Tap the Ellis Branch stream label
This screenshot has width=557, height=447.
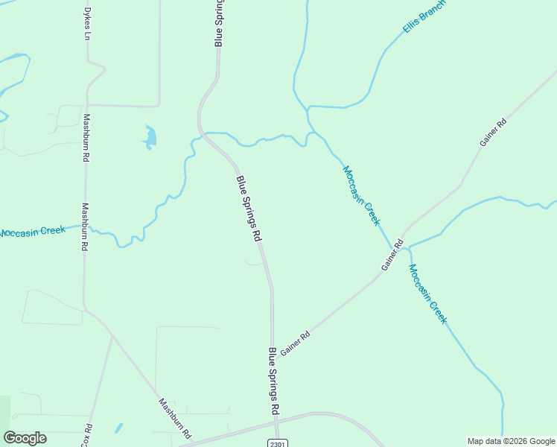pyautogui.click(x=424, y=16)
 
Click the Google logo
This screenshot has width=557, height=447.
pyautogui.click(x=25, y=438)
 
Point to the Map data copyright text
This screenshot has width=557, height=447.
pyautogui.click(x=510, y=442)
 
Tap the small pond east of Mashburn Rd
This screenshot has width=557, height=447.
pyautogui.click(x=150, y=137)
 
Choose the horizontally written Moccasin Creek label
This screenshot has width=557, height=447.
pyautogui.click(x=33, y=232)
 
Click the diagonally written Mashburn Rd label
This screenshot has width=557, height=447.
pyautogui.click(x=175, y=418)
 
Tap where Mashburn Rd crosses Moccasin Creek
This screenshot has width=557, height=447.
pyautogui.click(x=84, y=226)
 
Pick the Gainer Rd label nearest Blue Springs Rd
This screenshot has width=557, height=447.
pyautogui.click(x=295, y=343)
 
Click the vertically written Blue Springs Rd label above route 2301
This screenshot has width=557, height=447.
pyautogui.click(x=273, y=381)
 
